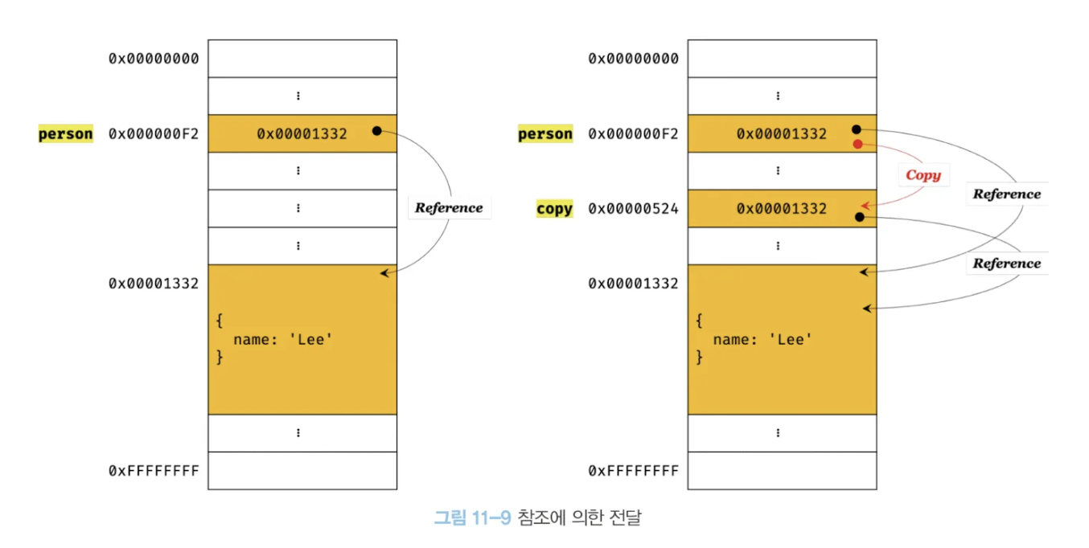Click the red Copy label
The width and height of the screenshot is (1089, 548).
point(923,175)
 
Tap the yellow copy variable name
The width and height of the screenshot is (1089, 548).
point(554,209)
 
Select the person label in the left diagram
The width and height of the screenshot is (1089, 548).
point(66,134)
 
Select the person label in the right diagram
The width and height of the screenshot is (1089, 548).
point(545,134)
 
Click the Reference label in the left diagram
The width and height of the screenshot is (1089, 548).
point(449,207)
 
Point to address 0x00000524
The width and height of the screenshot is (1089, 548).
point(633,209)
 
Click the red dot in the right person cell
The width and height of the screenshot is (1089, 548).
point(857,145)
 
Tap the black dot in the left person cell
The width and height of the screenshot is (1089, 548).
point(376,130)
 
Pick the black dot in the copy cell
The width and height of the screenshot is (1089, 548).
point(859,217)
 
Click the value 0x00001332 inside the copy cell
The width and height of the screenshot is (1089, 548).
point(781,209)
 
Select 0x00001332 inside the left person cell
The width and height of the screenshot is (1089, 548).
point(302,134)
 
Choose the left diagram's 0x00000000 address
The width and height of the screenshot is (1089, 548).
point(154,59)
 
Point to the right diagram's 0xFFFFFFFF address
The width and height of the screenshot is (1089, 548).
point(633,470)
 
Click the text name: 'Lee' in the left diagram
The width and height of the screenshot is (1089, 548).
point(282,339)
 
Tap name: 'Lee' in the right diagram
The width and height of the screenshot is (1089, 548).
point(762,339)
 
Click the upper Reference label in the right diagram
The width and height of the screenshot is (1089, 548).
point(1006,194)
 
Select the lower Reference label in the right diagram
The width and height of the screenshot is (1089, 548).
point(1006,264)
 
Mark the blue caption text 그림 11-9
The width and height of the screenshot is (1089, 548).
point(472,517)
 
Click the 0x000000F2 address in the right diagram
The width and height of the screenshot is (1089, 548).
point(633,134)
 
